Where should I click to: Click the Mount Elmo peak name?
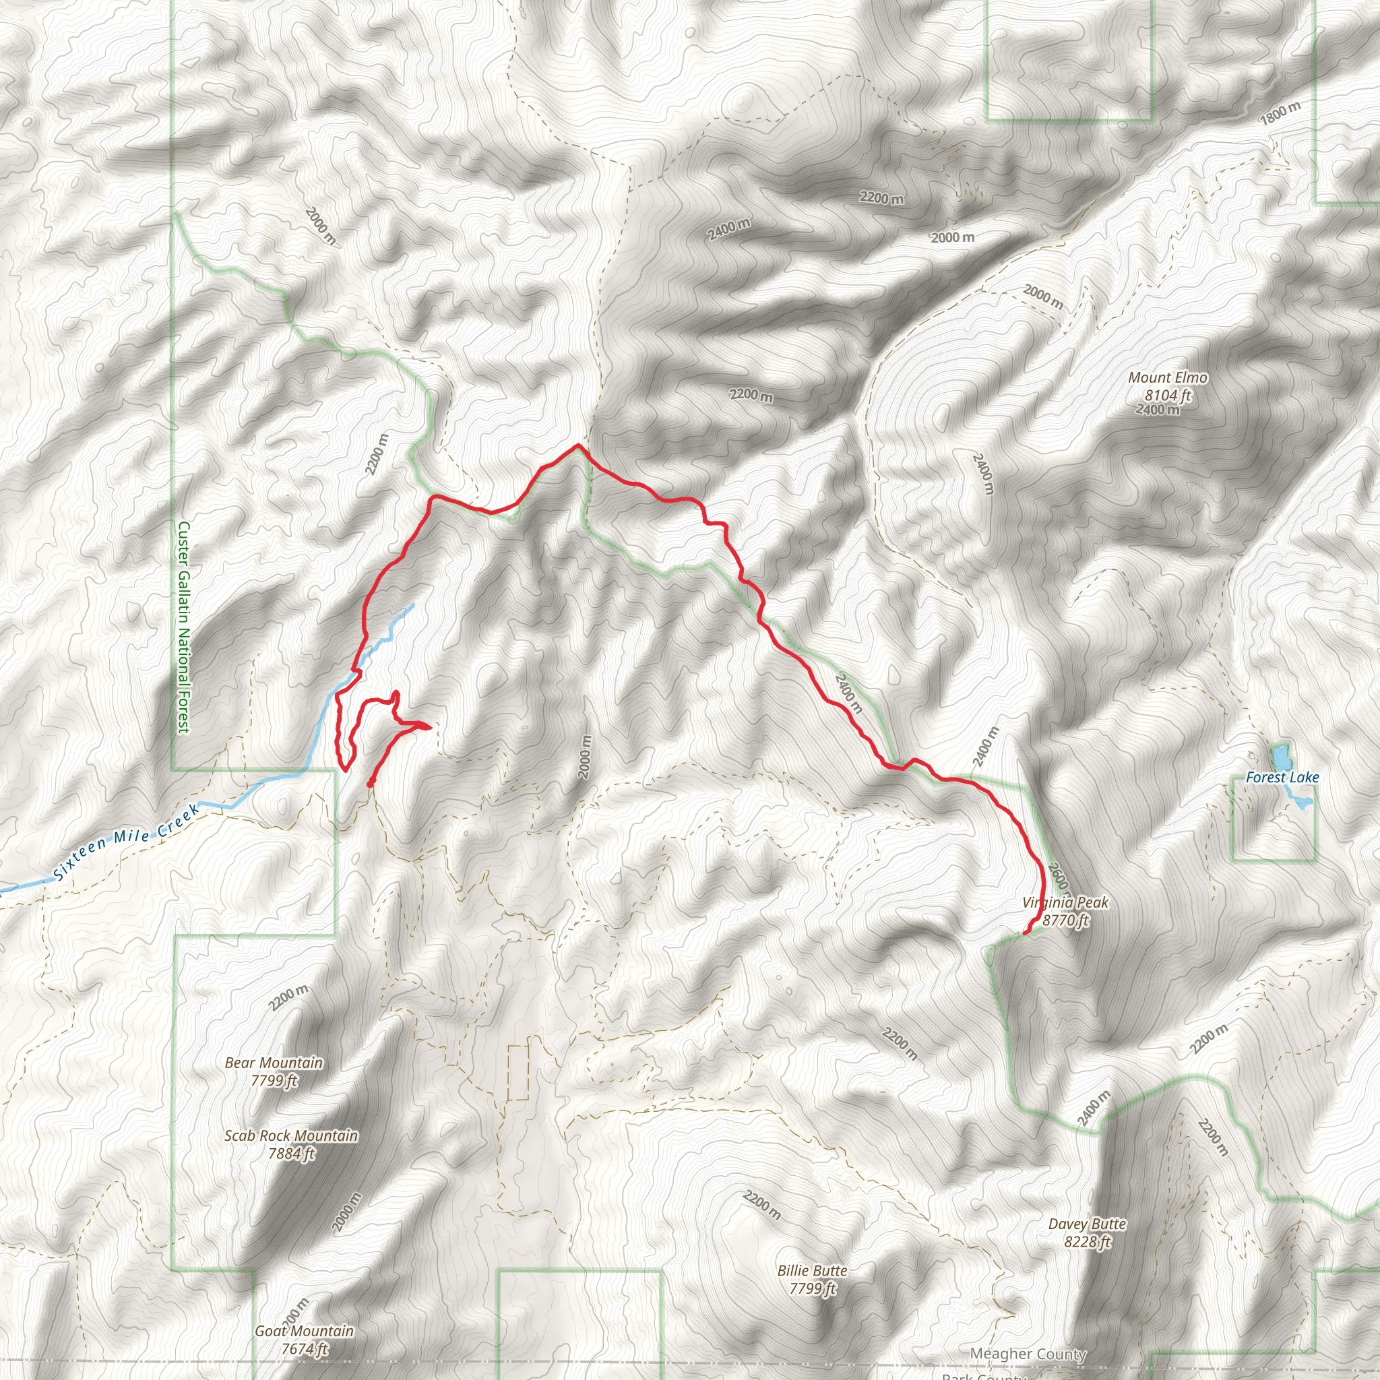point(1168,377)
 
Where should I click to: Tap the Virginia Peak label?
point(1065,902)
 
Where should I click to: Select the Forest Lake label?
point(1282,777)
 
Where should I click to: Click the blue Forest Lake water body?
point(1280,755)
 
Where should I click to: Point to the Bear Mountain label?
point(274,1063)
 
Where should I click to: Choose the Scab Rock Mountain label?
point(290,1135)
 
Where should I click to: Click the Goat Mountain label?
point(305,1331)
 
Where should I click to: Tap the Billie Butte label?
point(812,1271)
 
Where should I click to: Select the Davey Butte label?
point(1087,1224)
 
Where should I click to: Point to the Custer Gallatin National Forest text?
point(183,627)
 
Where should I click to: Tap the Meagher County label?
point(1028,1354)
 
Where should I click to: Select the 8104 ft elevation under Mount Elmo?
point(1168,395)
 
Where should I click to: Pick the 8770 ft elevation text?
point(1065,920)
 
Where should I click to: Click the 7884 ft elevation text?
point(291,1153)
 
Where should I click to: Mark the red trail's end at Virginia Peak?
point(1026,933)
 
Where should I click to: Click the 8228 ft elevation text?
point(1087,1242)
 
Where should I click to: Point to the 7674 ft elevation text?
point(305,1348)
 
